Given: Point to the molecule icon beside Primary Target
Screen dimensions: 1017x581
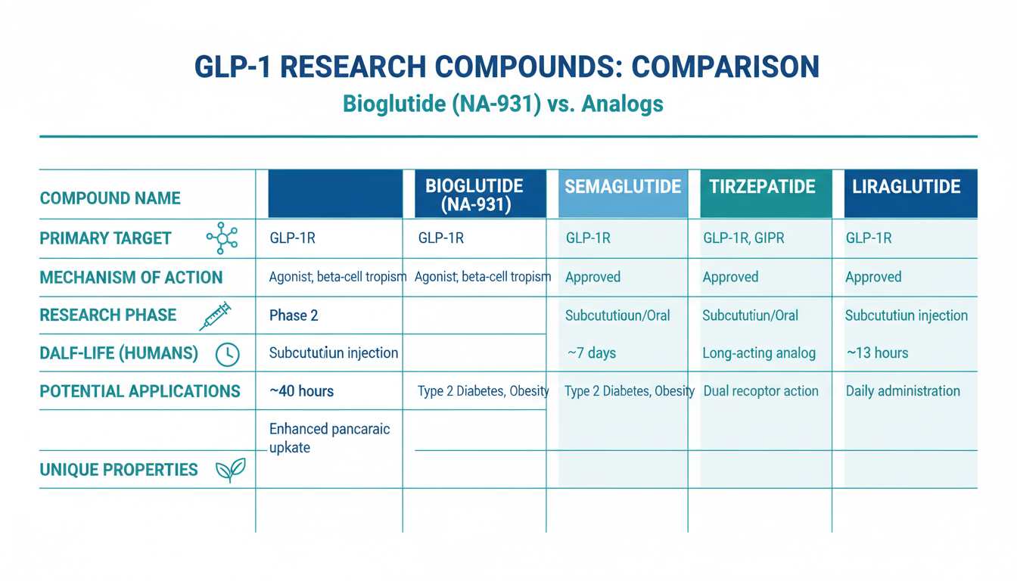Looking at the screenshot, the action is coord(222,238).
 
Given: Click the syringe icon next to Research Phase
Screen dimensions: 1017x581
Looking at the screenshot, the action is coord(215,315).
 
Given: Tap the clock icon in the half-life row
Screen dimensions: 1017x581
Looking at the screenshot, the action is coord(228,354).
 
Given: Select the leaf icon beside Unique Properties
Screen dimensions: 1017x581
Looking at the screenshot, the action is coord(231,470).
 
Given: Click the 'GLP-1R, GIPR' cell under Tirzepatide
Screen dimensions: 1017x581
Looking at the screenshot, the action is coord(744,238).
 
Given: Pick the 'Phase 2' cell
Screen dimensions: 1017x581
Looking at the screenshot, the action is coord(294,315).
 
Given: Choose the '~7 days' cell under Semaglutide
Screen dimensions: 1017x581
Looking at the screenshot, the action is coord(592,353).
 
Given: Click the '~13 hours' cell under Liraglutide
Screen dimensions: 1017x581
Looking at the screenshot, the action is coord(877,353).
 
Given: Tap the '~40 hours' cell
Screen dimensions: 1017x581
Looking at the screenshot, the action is coord(301,391).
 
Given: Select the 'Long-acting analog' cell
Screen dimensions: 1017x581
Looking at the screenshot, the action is coord(759,353).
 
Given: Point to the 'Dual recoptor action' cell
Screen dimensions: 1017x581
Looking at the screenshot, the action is coord(761,391).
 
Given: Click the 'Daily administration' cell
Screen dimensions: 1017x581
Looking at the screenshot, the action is coord(903,391).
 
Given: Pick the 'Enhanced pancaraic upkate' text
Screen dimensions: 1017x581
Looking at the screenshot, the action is coord(330,439).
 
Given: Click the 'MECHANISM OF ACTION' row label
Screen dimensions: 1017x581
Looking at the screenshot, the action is coord(131,278).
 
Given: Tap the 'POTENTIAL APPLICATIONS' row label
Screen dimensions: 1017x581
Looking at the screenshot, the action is coord(140,391).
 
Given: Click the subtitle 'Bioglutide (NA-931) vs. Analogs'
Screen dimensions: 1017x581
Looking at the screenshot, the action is coord(503,104).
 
